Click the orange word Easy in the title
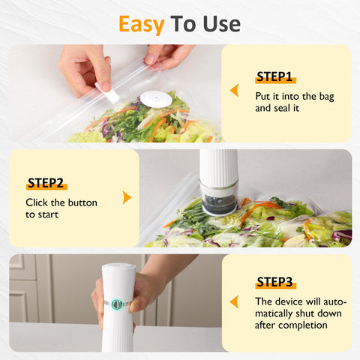click(141, 24)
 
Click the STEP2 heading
click(45, 183)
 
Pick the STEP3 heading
click(274, 282)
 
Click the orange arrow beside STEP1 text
click(234, 91)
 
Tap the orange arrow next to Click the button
click(127, 197)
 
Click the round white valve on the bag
click(156, 98)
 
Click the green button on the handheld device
click(117, 304)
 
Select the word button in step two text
click(82, 202)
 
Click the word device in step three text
click(286, 301)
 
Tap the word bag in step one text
click(323, 96)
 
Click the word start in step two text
click(49, 214)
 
